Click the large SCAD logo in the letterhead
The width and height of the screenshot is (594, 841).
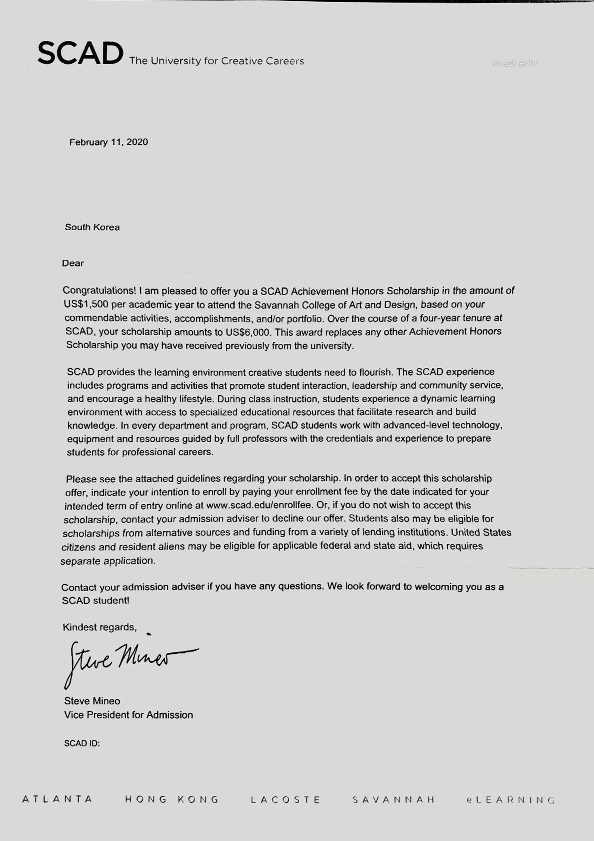click(80, 53)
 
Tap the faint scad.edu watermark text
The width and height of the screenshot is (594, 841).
click(514, 63)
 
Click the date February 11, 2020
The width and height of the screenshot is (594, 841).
click(109, 142)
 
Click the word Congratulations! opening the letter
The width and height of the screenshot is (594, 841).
click(99, 291)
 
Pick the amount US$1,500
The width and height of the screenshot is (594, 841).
click(86, 304)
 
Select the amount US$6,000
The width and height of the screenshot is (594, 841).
click(248, 332)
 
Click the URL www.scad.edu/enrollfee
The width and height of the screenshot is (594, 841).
click(259, 505)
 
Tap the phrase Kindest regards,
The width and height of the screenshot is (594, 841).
click(100, 627)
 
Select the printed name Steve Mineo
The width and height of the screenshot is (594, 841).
click(92, 701)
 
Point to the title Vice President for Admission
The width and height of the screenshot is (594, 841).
click(128, 715)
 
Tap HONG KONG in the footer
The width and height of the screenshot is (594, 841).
click(172, 799)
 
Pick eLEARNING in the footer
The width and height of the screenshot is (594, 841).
click(511, 800)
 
